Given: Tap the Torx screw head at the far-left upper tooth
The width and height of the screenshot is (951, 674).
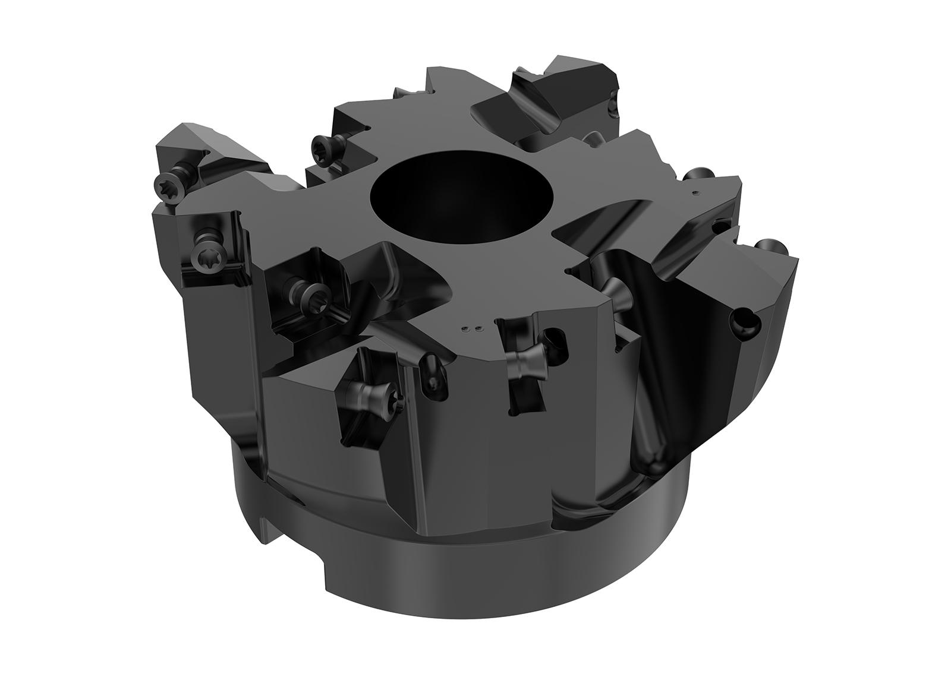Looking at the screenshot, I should (166, 182).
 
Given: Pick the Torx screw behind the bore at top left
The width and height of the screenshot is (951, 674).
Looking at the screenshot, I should (321, 143).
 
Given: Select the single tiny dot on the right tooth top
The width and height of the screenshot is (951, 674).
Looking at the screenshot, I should (696, 192).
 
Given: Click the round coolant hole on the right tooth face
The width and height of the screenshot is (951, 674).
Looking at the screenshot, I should (743, 321).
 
